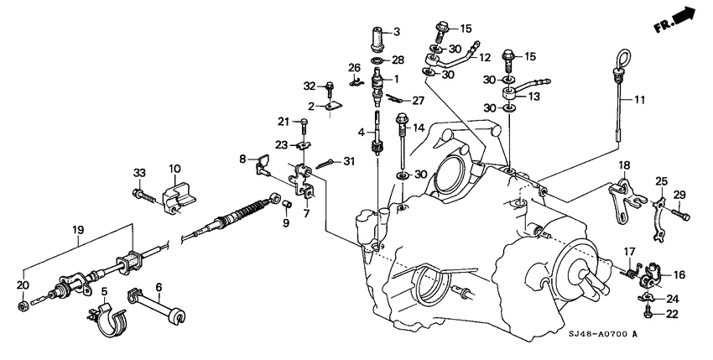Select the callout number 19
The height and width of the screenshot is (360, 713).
[x=78, y=228]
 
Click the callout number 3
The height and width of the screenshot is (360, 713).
[x=397, y=32]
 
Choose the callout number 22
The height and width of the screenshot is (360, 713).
[x=671, y=315]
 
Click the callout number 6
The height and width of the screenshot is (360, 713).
[x=157, y=286]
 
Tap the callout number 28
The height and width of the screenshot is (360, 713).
[x=398, y=60]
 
